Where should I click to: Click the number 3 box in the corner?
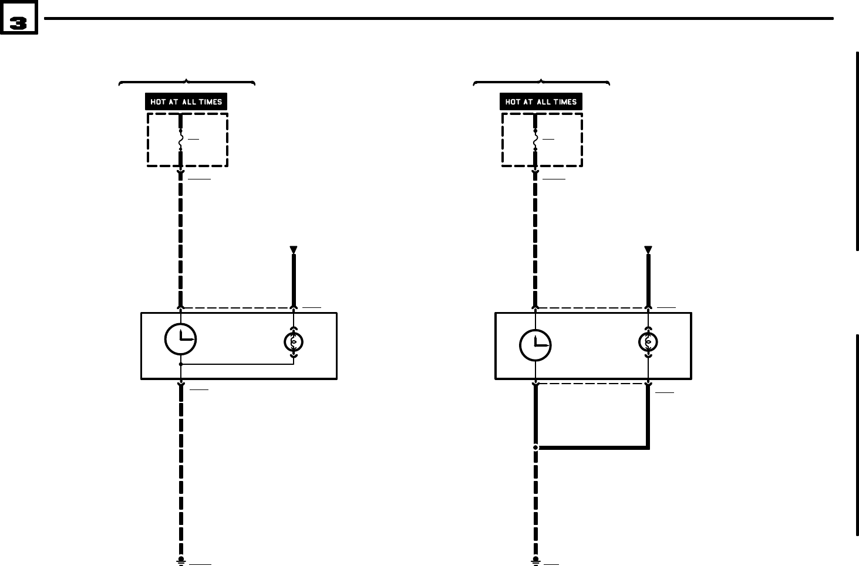[18, 22]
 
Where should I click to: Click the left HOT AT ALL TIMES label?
[186, 101]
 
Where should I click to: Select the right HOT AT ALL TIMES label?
[541, 101]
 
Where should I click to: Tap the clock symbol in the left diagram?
[180, 339]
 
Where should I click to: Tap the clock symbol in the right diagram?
[535, 345]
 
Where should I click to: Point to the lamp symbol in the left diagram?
[294, 341]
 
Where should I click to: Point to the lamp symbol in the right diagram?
[648, 341]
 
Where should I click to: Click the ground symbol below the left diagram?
[181, 561]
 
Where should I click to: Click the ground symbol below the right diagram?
[535, 561]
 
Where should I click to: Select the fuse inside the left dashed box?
[180, 141]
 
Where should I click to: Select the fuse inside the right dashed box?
[535, 141]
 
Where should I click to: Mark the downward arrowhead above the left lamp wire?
[294, 250]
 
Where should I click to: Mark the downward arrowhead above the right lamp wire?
[648, 250]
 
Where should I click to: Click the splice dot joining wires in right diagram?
[535, 448]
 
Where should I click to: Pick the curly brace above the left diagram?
[187, 82]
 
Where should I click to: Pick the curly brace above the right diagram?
[541, 82]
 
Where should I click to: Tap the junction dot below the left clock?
[181, 364]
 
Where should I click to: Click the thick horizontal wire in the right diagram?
[593, 448]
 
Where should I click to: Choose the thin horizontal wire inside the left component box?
[237, 364]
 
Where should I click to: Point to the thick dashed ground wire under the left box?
[181, 469]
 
